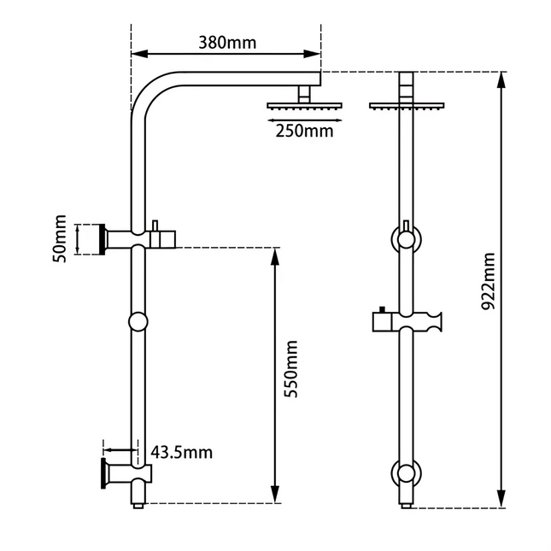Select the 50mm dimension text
point(59,240)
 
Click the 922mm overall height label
point(488,281)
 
